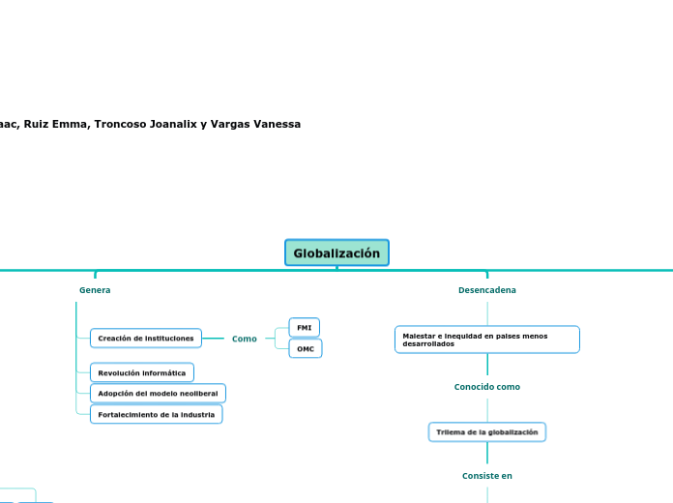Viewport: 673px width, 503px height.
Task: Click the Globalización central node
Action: [x=336, y=252]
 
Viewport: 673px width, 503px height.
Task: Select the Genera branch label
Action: [x=95, y=290]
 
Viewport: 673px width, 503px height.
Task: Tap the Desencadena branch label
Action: [x=486, y=290]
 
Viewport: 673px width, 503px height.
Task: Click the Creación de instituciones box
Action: [x=146, y=339]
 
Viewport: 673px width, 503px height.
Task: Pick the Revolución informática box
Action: [x=142, y=372]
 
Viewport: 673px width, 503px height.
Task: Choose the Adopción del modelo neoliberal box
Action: [x=158, y=394]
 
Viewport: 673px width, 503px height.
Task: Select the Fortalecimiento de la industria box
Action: [x=156, y=414]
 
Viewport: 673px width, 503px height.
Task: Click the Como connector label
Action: [x=245, y=339]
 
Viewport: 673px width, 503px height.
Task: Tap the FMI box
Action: [x=304, y=328]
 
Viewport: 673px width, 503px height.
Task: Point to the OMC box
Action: [x=305, y=348]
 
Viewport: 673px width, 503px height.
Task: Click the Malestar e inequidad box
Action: [x=486, y=340]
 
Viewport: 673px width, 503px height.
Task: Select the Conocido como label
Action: [x=486, y=387]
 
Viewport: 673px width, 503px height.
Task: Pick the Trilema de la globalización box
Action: [x=486, y=432]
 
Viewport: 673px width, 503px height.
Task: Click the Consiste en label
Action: [x=486, y=476]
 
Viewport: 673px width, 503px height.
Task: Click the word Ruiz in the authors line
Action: [x=37, y=124]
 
